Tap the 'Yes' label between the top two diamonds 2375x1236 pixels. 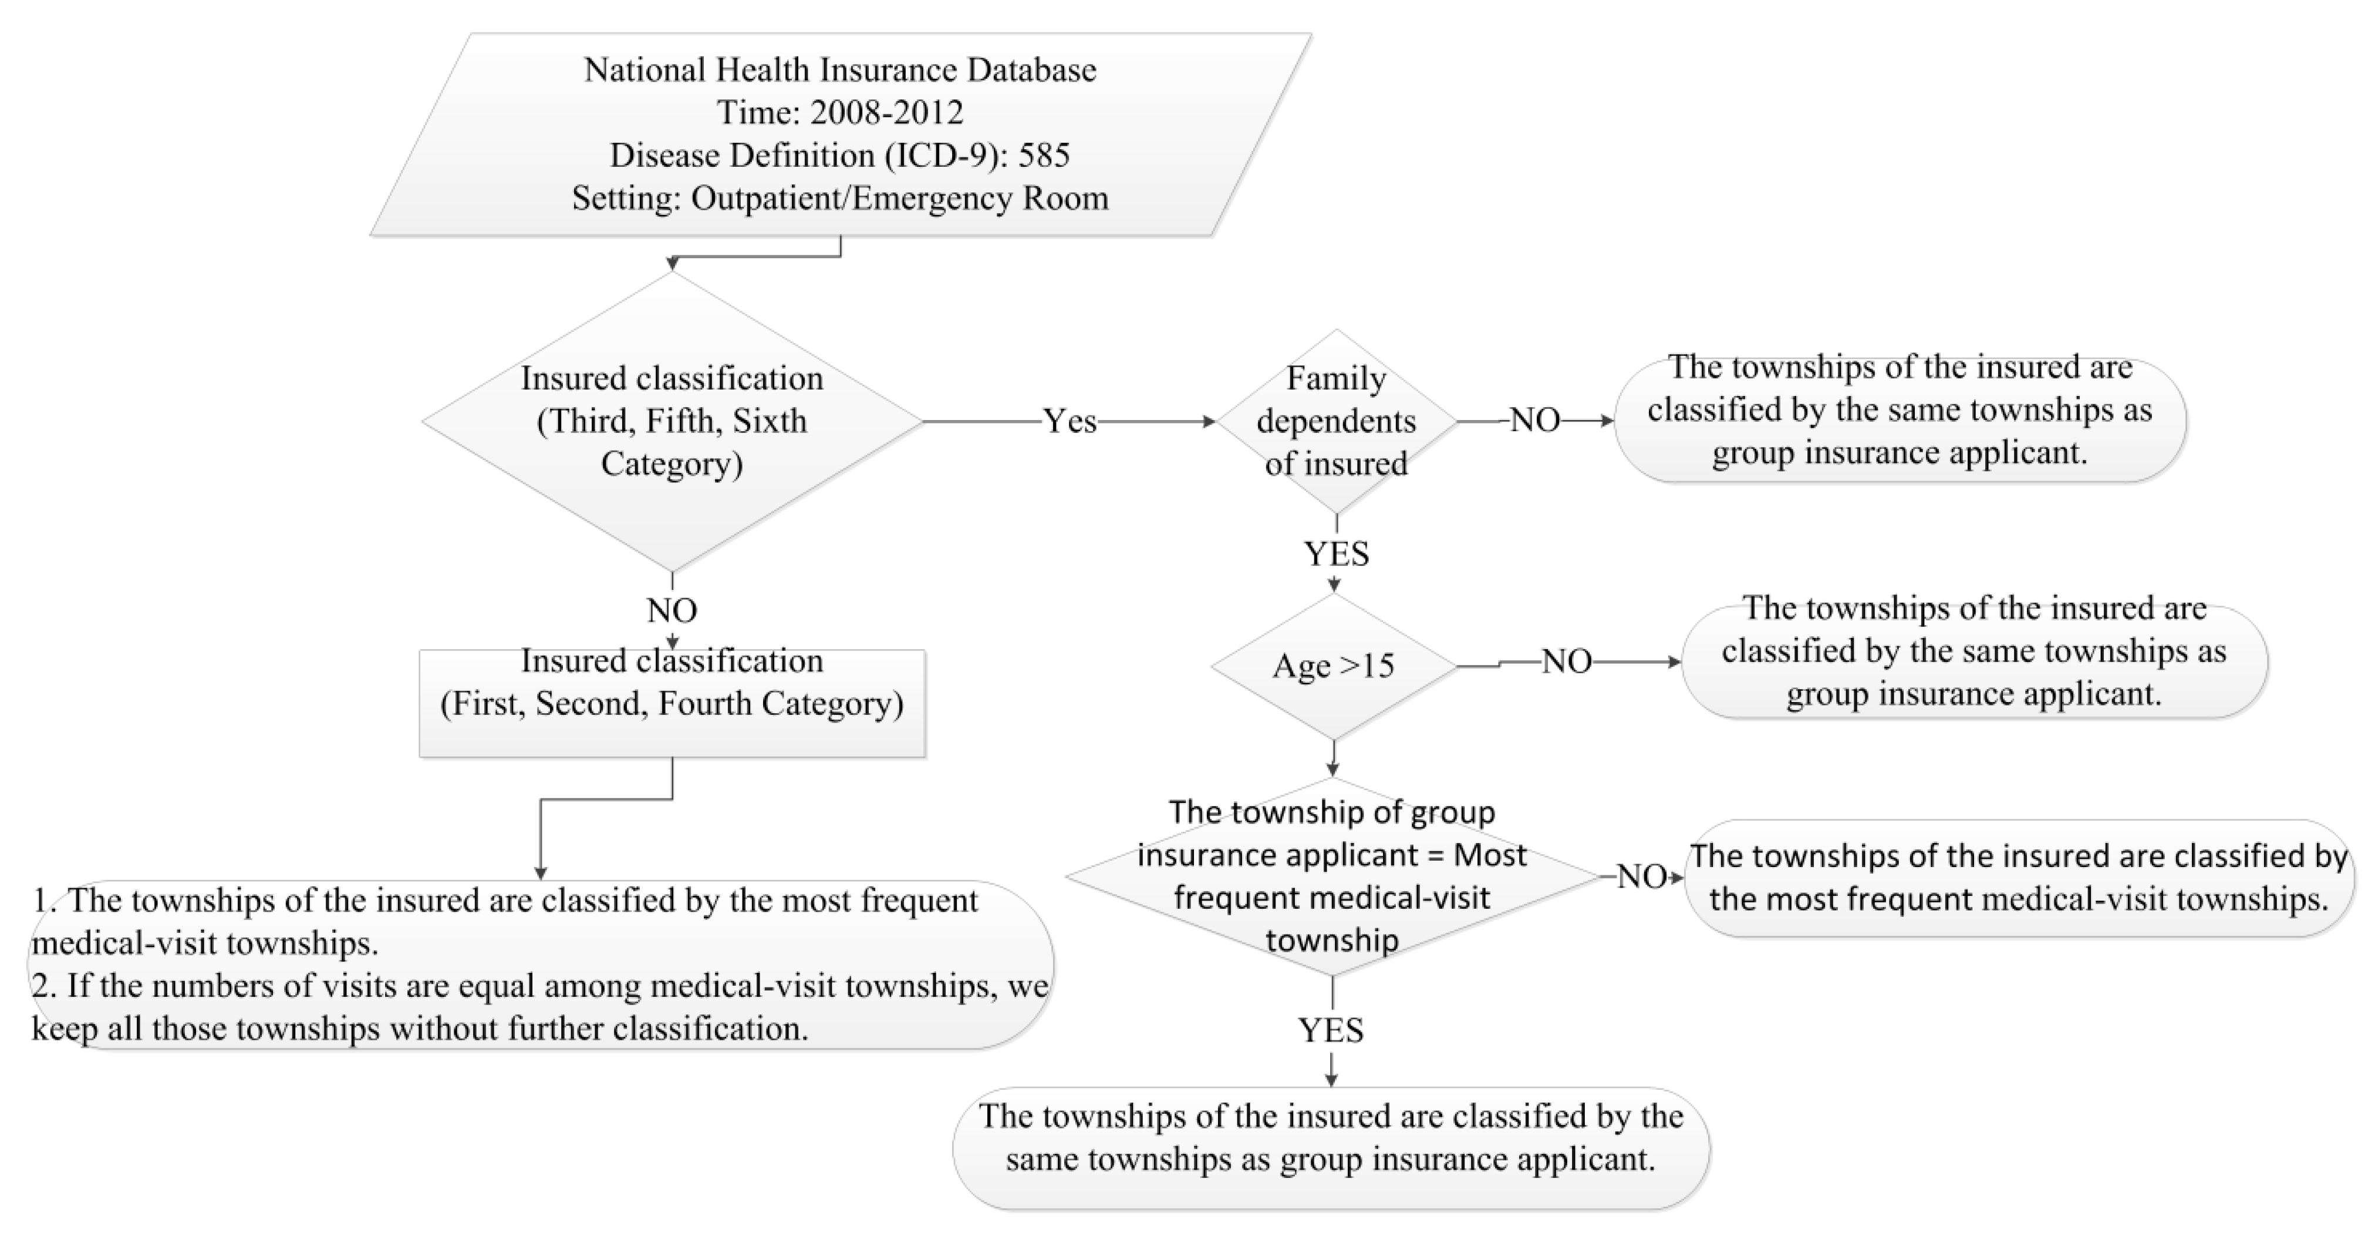[x=1070, y=422]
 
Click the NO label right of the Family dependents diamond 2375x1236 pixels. [x=1535, y=421]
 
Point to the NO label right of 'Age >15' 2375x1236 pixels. [x=1567, y=661]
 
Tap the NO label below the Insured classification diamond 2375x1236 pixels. [x=672, y=610]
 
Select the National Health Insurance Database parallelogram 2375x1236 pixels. [x=840, y=135]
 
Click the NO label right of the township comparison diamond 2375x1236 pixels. [x=1641, y=876]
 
